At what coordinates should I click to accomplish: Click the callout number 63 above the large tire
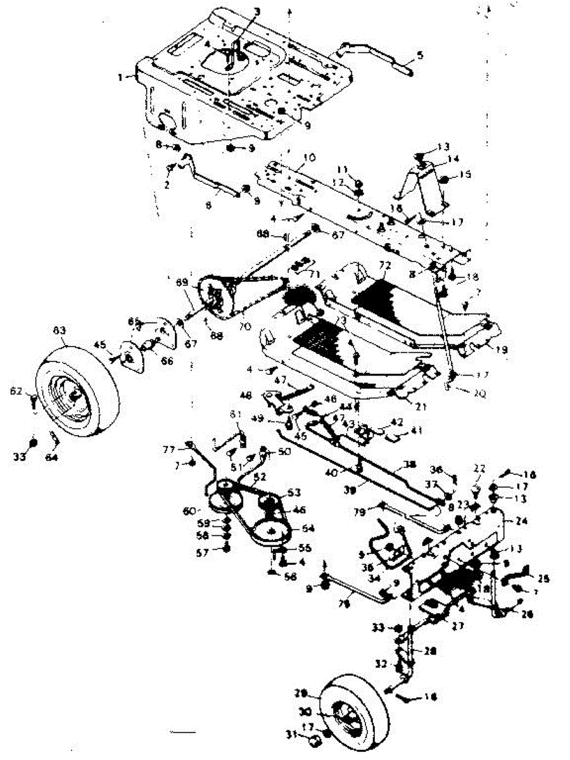pos(59,331)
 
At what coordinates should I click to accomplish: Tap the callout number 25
pos(543,578)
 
